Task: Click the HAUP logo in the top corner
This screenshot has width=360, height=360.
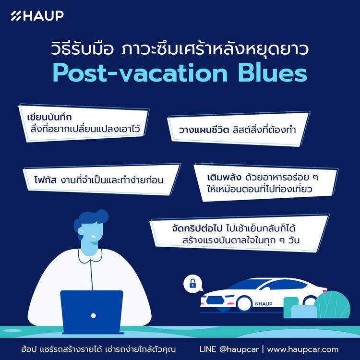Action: [x=37, y=16]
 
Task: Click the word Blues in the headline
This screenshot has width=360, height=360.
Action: [x=272, y=73]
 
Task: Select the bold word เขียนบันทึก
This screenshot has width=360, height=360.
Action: [x=49, y=117]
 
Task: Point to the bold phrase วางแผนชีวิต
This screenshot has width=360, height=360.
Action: [x=204, y=130]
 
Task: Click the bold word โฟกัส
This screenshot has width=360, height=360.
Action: [x=45, y=180]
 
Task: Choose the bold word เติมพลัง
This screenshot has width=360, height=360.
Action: [x=224, y=178]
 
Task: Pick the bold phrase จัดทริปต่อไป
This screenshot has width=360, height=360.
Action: [x=197, y=228]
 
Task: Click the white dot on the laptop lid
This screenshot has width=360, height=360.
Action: [x=93, y=315]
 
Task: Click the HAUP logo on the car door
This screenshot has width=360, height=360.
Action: [x=264, y=304]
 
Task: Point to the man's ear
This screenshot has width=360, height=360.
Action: [x=81, y=231]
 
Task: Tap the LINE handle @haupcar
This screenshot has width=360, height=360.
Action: [x=239, y=349]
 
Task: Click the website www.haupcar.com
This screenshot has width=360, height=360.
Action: [x=302, y=349]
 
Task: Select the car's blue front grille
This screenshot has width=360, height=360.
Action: [x=215, y=300]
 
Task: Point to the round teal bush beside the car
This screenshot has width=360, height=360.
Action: [x=332, y=304]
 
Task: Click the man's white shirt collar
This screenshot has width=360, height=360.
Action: [x=90, y=256]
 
